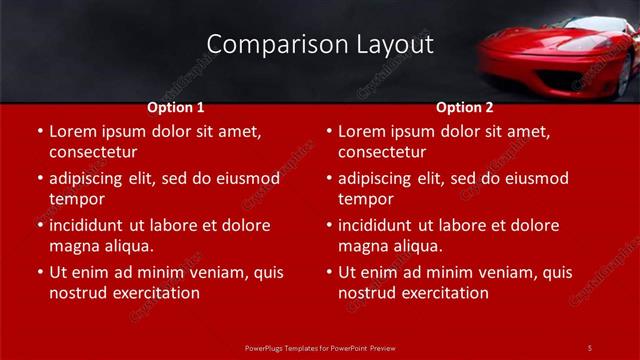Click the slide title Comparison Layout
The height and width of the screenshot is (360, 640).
pyautogui.click(x=320, y=44)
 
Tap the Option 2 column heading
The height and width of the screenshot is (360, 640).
pyautogui.click(x=464, y=107)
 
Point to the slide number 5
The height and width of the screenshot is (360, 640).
pyautogui.click(x=589, y=347)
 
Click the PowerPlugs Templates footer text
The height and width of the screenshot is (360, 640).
pyautogui.click(x=320, y=348)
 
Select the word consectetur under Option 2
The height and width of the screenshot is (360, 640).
pyautogui.click(x=382, y=152)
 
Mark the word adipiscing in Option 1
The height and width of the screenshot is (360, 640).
pyautogui.click(x=90, y=178)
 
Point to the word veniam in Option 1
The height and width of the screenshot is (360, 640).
pyautogui.click(x=222, y=272)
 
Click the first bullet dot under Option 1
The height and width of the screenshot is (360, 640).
pyautogui.click(x=39, y=132)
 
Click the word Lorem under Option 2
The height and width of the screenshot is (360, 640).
pyautogui.click(x=361, y=131)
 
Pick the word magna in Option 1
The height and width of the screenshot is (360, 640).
pyautogui.click(x=72, y=246)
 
